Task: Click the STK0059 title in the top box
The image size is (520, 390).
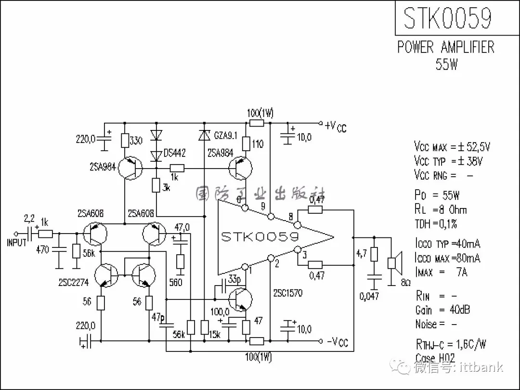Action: click(x=448, y=18)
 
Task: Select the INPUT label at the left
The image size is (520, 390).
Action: click(x=16, y=243)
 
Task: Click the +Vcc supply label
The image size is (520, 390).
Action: click(x=336, y=126)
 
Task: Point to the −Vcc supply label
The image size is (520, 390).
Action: click(x=337, y=342)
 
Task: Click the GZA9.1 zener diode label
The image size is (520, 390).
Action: click(x=224, y=136)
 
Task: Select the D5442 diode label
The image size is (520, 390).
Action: click(x=174, y=153)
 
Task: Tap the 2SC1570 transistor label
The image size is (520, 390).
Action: click(x=287, y=293)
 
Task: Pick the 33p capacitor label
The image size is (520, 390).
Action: click(x=235, y=279)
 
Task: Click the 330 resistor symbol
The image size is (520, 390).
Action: click(x=125, y=141)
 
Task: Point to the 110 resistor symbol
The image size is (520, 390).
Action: click(x=246, y=143)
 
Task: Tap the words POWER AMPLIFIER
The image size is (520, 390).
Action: click(x=446, y=47)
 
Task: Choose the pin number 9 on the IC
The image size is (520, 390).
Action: click(x=262, y=206)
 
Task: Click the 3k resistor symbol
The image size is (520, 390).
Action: click(x=156, y=185)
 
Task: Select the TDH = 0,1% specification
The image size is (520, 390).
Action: click(x=436, y=223)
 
